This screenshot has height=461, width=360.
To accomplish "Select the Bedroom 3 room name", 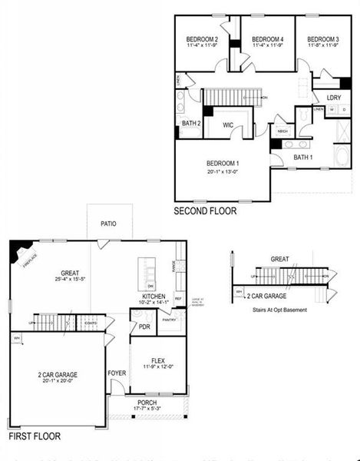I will (x=323, y=39).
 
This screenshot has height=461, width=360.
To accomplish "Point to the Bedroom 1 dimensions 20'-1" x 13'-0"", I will (x=223, y=171).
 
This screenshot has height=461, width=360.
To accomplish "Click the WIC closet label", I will (x=228, y=124).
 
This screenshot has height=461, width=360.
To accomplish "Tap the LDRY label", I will (x=333, y=98).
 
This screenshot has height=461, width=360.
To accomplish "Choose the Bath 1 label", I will (x=303, y=158).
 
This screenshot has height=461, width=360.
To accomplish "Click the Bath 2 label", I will (x=191, y=123).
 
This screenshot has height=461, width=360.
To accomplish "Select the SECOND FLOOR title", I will (x=205, y=211).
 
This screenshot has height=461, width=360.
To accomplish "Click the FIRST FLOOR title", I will (x=35, y=436).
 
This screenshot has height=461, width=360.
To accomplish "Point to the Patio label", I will (x=108, y=224).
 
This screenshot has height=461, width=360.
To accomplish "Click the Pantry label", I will (x=170, y=320).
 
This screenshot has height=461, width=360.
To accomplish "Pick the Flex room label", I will (x=158, y=360).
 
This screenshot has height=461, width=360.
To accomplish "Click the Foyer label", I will (x=117, y=373).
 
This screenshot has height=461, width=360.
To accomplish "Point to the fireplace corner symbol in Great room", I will (x=19, y=250).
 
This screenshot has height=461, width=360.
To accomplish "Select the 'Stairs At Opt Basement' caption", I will (x=279, y=310).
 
